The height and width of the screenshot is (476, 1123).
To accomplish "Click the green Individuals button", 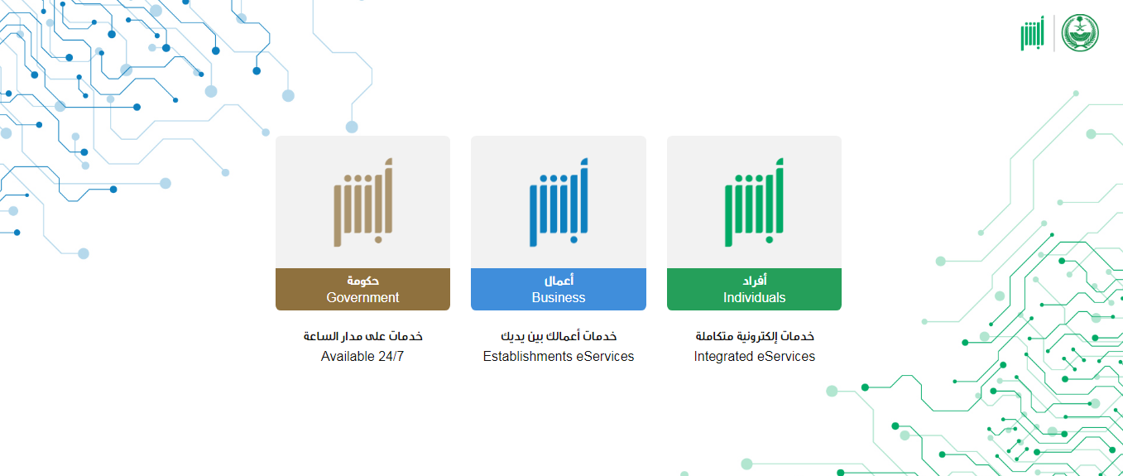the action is coord(754,289).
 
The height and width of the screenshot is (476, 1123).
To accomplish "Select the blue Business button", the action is coord(559,289).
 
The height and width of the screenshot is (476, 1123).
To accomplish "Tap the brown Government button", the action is coord(362,289).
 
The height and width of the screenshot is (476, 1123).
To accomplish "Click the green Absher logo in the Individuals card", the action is coord(754,203).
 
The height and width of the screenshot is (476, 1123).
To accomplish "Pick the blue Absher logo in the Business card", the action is coord(559,203).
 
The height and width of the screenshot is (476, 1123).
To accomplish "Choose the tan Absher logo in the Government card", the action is coord(363,203).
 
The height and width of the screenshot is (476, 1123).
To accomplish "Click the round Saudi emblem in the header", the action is coord(1081,33).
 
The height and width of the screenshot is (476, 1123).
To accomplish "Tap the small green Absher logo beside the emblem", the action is coord(1032,34).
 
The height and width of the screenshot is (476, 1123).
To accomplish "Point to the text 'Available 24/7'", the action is coord(362,356).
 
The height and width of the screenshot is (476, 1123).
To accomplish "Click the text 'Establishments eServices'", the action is coord(559,356).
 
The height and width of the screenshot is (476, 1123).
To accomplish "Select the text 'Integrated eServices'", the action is coord(754,356).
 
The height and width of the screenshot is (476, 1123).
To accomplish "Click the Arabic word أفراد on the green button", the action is coord(755,280).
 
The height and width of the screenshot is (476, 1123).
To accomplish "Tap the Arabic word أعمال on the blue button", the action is coord(559,280).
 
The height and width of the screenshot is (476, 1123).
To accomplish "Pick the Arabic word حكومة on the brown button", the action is coord(363,281).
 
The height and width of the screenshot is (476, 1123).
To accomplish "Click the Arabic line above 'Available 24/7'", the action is coord(363,336).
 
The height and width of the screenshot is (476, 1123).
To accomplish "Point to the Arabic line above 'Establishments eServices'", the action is coord(559,336).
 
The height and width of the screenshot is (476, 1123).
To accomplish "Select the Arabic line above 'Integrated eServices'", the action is coord(755,336).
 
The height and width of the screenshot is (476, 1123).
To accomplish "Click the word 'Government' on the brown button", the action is coord(362,297).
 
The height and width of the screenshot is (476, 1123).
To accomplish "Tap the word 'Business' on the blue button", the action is coord(559,297).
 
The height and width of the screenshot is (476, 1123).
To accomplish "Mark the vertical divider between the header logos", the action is coord(1053,33).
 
